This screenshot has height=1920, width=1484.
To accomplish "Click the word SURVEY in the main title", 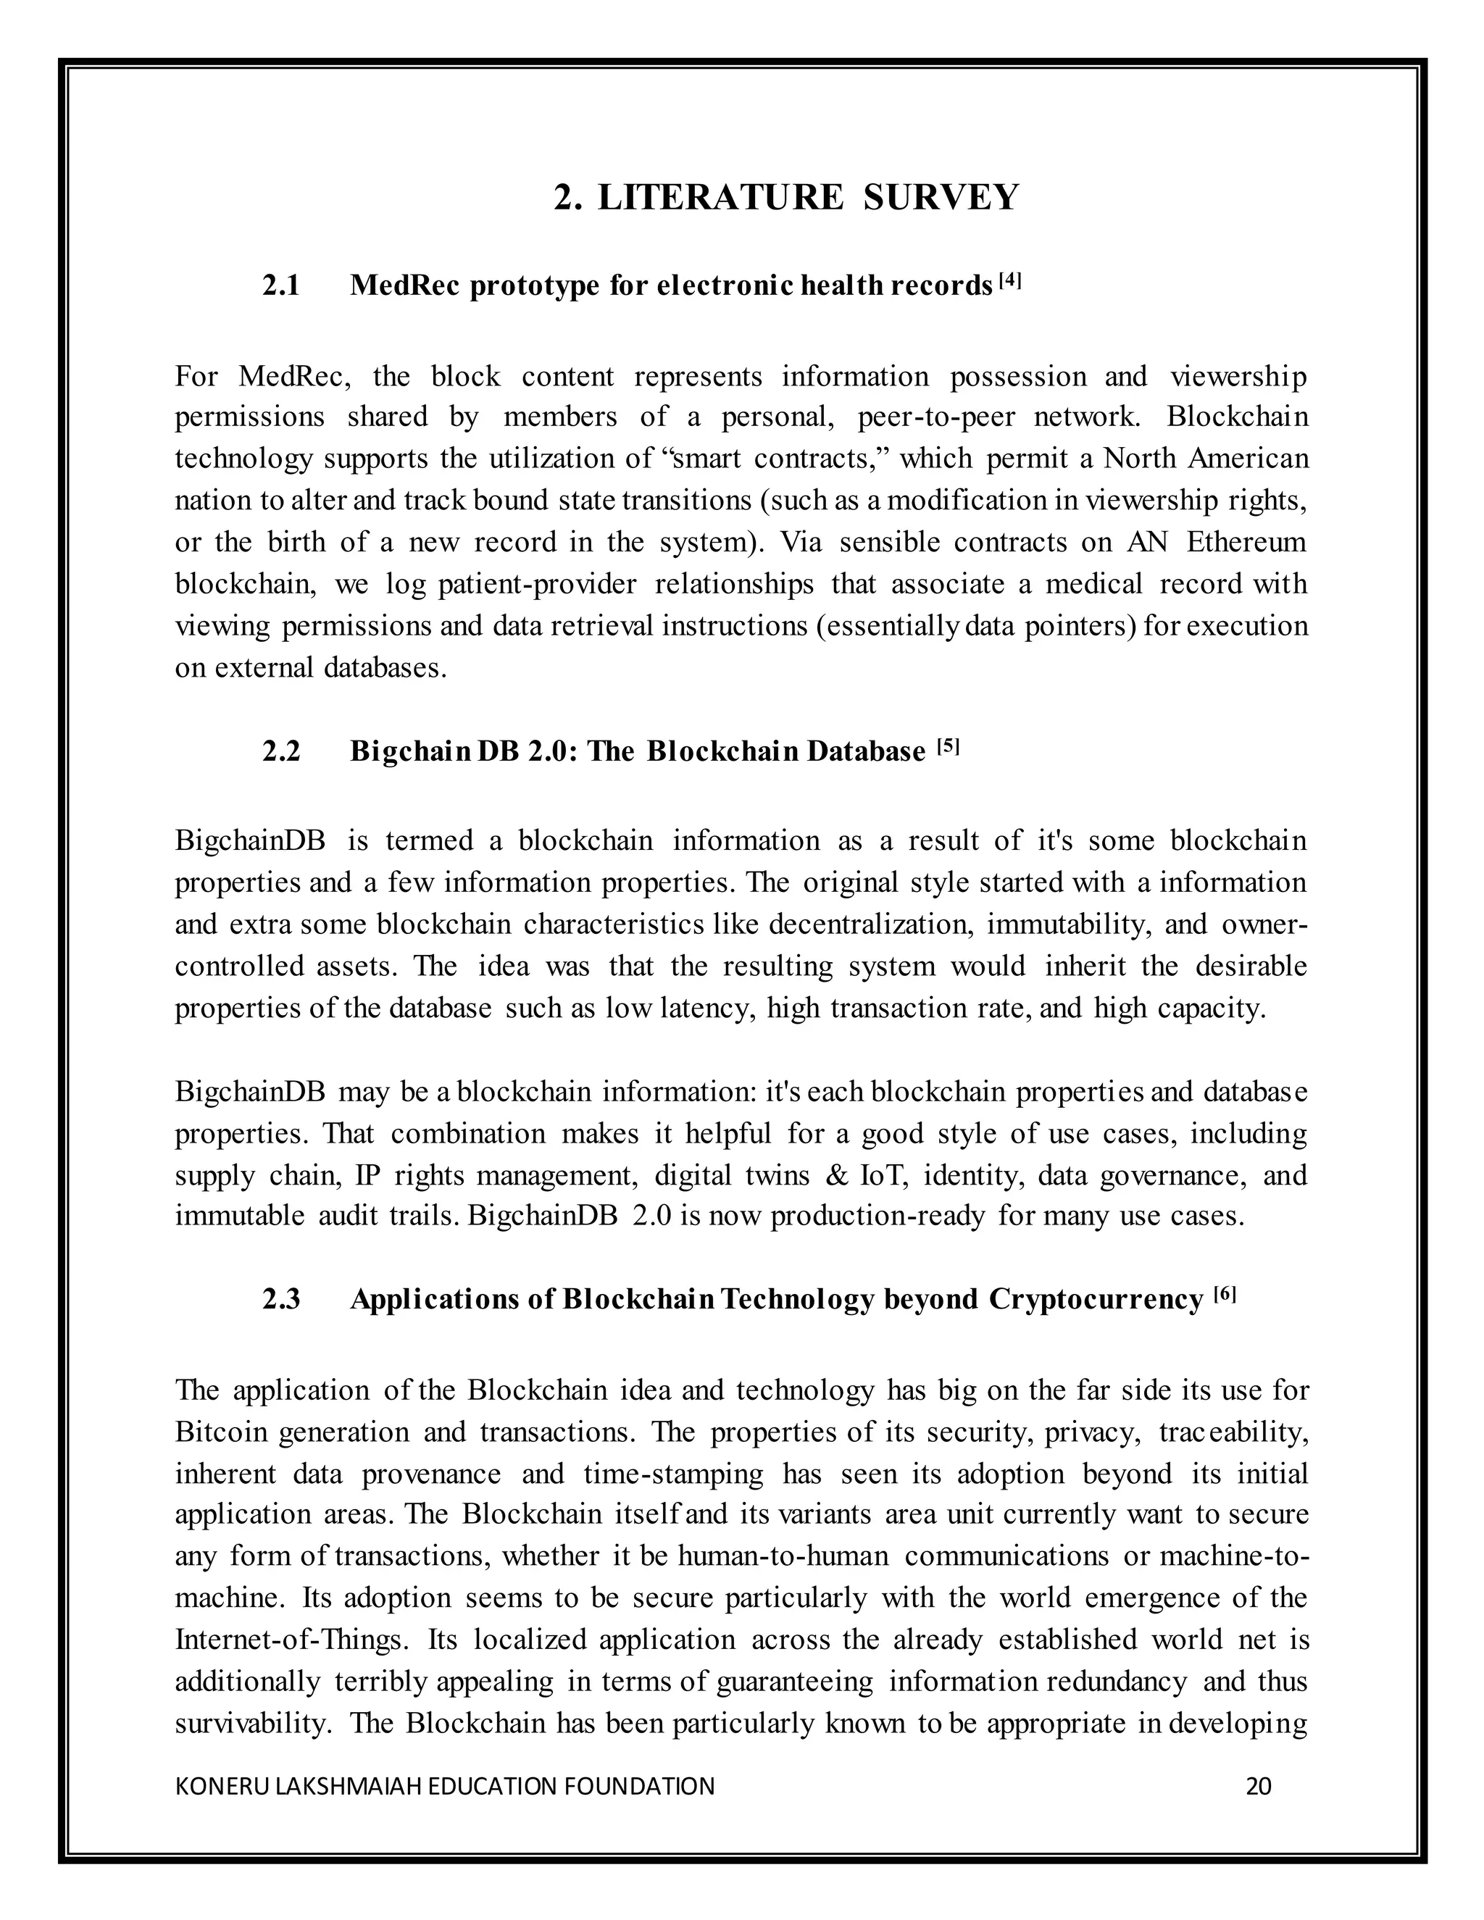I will pyautogui.click(x=941, y=197).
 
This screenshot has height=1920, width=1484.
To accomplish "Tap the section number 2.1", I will pyautogui.click(x=281, y=285).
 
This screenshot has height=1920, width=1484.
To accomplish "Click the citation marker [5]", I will pyautogui.click(x=948, y=747).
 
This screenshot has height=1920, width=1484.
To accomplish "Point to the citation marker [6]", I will pyautogui.click(x=1225, y=1294).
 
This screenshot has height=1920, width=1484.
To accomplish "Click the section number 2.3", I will pyautogui.click(x=281, y=1299).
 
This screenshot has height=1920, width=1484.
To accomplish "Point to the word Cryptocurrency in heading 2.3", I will pyautogui.click(x=1096, y=1299).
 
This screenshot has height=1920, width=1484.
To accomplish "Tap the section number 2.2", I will pyautogui.click(x=281, y=751).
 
